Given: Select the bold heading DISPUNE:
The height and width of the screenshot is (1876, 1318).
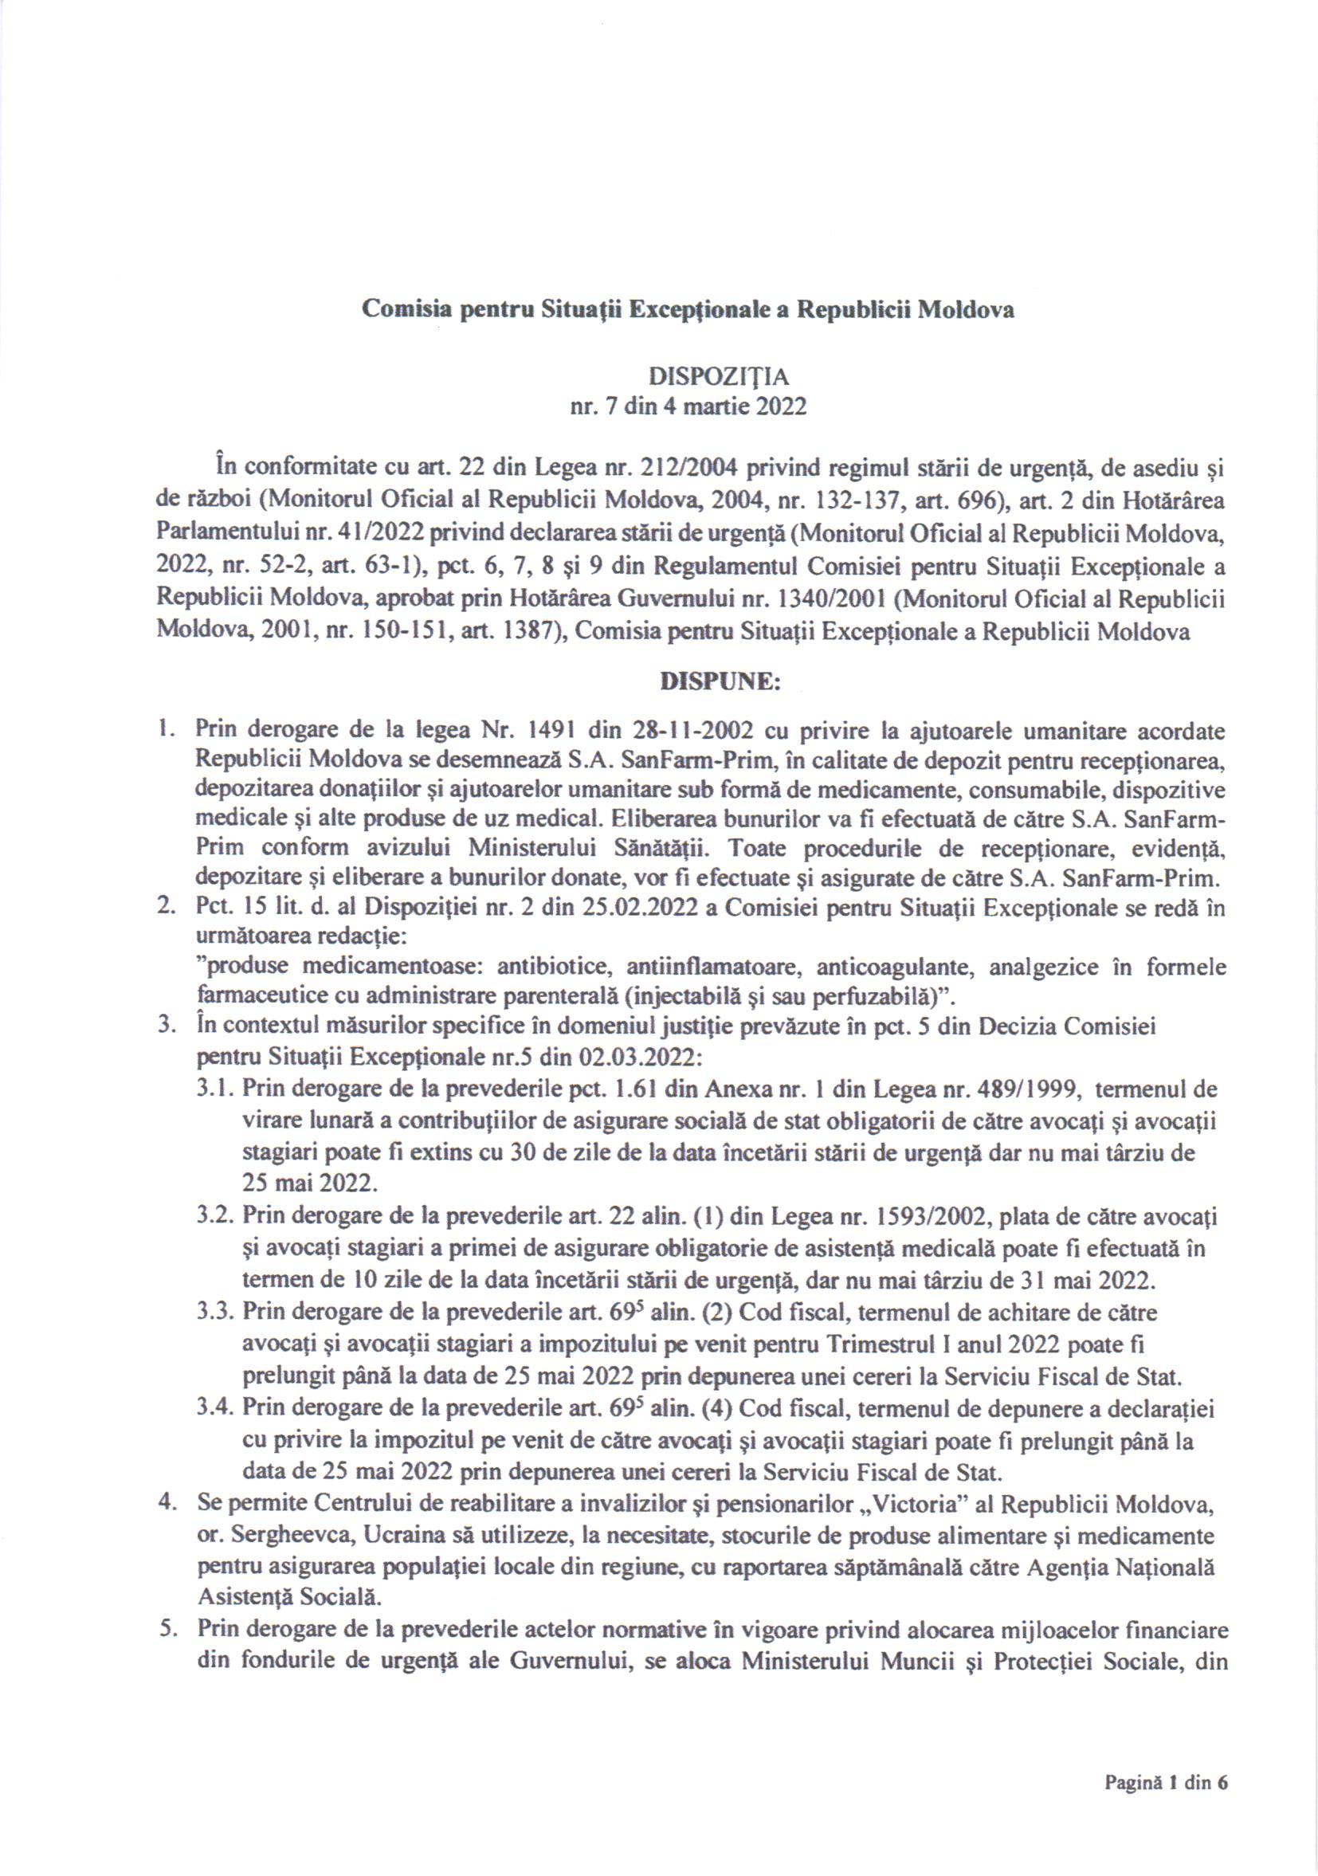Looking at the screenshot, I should pos(720,682).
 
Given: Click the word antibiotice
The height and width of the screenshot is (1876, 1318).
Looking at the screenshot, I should pos(556,967).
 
